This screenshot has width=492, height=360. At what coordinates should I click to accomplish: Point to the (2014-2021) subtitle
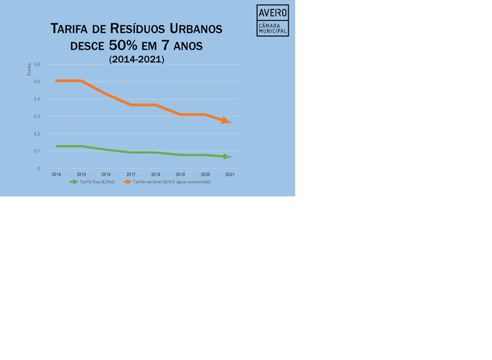[x=136, y=60]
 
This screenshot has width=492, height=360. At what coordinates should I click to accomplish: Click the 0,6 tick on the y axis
[x=36, y=65]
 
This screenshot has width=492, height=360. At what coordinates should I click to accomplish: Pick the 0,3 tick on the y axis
[x=36, y=116]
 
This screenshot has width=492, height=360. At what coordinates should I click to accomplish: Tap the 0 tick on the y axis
[x=38, y=168]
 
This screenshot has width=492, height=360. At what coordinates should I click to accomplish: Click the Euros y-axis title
[x=29, y=69]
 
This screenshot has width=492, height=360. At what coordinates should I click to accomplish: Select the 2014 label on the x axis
[x=56, y=175]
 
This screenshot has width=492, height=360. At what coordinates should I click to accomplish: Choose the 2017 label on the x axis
[x=131, y=175]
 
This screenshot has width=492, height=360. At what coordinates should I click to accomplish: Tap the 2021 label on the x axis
[x=230, y=175]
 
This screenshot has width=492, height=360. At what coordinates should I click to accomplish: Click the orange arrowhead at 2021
[x=225, y=120]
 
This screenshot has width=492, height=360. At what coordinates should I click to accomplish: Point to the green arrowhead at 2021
[x=226, y=156]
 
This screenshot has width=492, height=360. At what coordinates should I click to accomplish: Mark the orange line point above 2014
[x=56, y=81]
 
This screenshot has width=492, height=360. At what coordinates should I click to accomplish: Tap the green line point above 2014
[x=56, y=146]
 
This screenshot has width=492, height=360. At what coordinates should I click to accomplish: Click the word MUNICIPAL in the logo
[x=273, y=31]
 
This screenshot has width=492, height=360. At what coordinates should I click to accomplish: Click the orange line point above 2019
[x=180, y=114]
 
